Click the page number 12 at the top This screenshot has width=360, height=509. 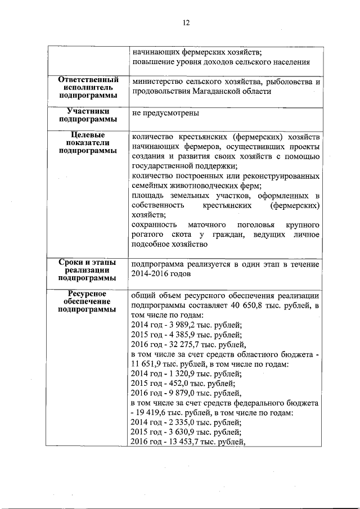[186, 23]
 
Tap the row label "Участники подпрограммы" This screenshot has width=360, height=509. [88, 115]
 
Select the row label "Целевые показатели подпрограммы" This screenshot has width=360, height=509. [88, 143]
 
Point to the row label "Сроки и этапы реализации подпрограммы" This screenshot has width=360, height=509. [88, 269]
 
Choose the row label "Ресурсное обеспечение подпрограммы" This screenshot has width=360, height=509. [88, 301]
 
